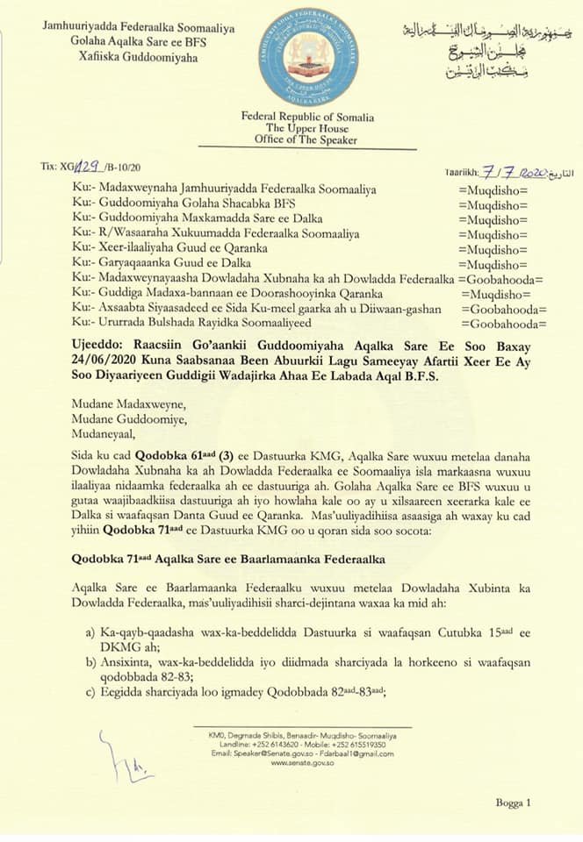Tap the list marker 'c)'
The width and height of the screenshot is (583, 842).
[90, 691]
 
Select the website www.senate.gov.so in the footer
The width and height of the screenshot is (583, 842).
[303, 762]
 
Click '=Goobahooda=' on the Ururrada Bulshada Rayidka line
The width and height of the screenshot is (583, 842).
[501, 325]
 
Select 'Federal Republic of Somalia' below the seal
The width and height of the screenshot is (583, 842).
[308, 117]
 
